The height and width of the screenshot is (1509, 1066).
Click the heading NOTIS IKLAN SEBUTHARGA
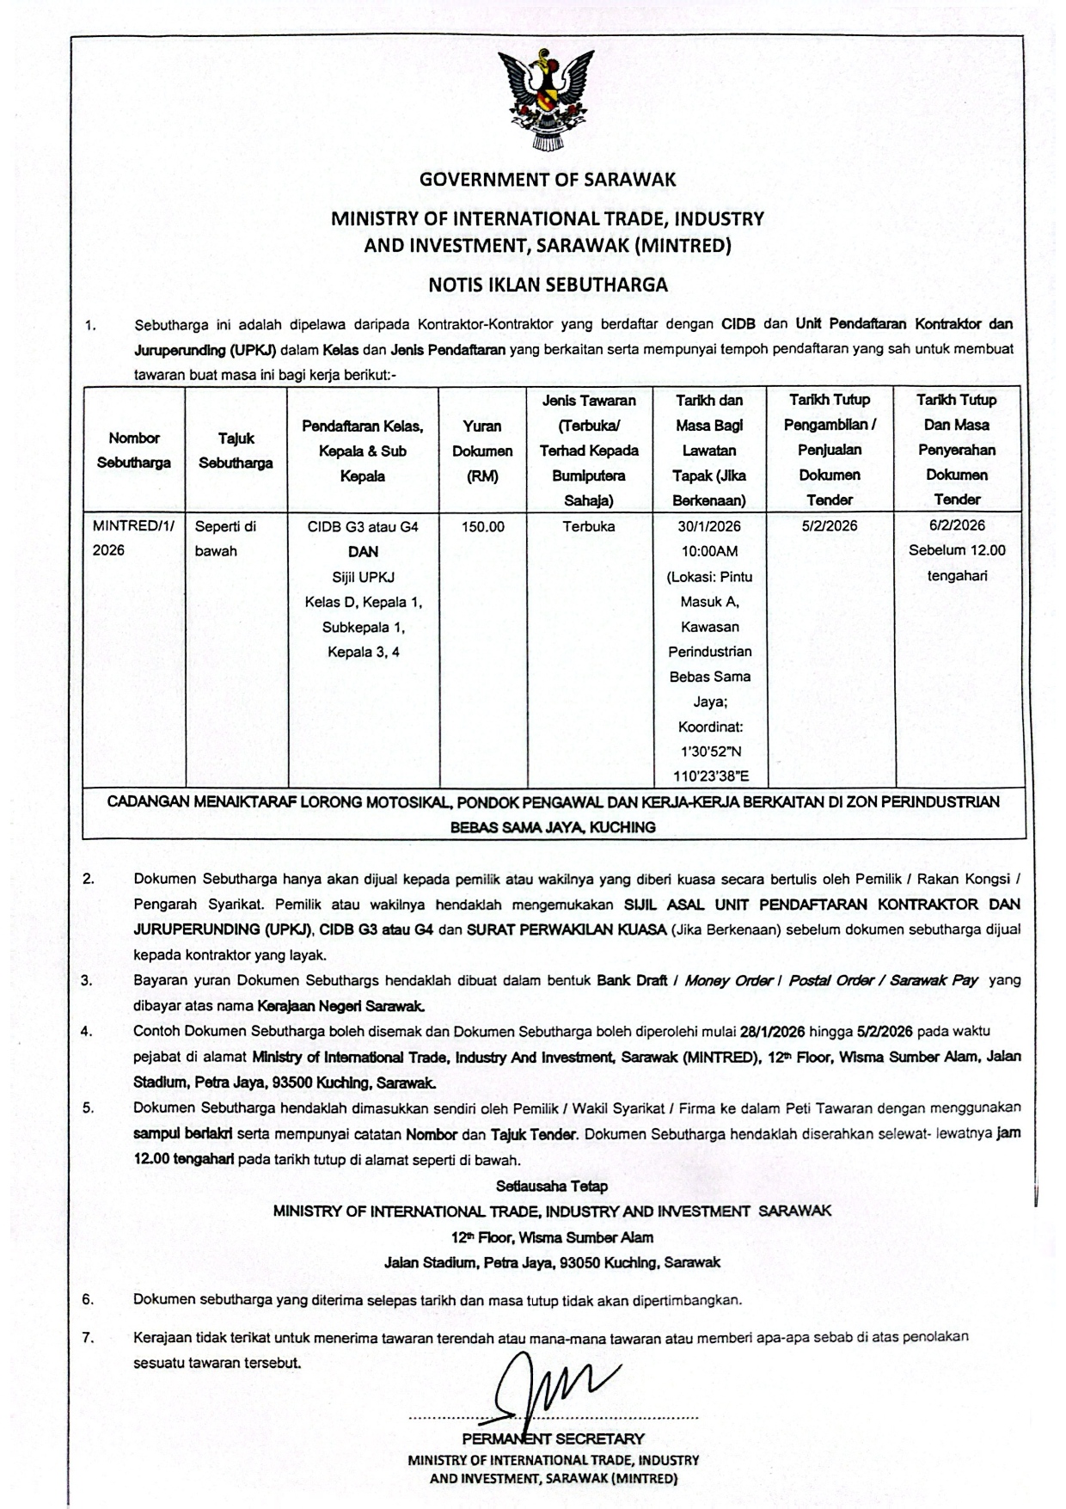[x=548, y=285]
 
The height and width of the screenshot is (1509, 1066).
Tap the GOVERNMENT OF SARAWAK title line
[x=548, y=180]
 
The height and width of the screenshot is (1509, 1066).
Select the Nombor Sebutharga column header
[x=133, y=450]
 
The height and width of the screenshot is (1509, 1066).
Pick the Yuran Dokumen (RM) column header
[x=482, y=450]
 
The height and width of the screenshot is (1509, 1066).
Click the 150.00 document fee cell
[x=482, y=526]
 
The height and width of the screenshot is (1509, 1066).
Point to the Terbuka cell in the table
[x=589, y=526]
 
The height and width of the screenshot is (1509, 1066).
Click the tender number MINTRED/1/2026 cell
[x=132, y=537]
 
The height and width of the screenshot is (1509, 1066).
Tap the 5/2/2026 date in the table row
[x=830, y=525]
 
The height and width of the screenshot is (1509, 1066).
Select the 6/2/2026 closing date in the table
[x=957, y=525]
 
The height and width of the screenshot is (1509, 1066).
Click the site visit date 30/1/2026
[x=709, y=525]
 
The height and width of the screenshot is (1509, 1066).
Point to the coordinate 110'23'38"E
[x=709, y=776]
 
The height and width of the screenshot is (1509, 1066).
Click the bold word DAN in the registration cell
[x=363, y=551]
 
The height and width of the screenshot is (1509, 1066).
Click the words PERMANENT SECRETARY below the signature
[x=552, y=1438]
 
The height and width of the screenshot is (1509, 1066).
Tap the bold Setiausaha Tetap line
[x=552, y=1187]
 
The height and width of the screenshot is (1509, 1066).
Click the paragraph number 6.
[x=88, y=1300]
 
